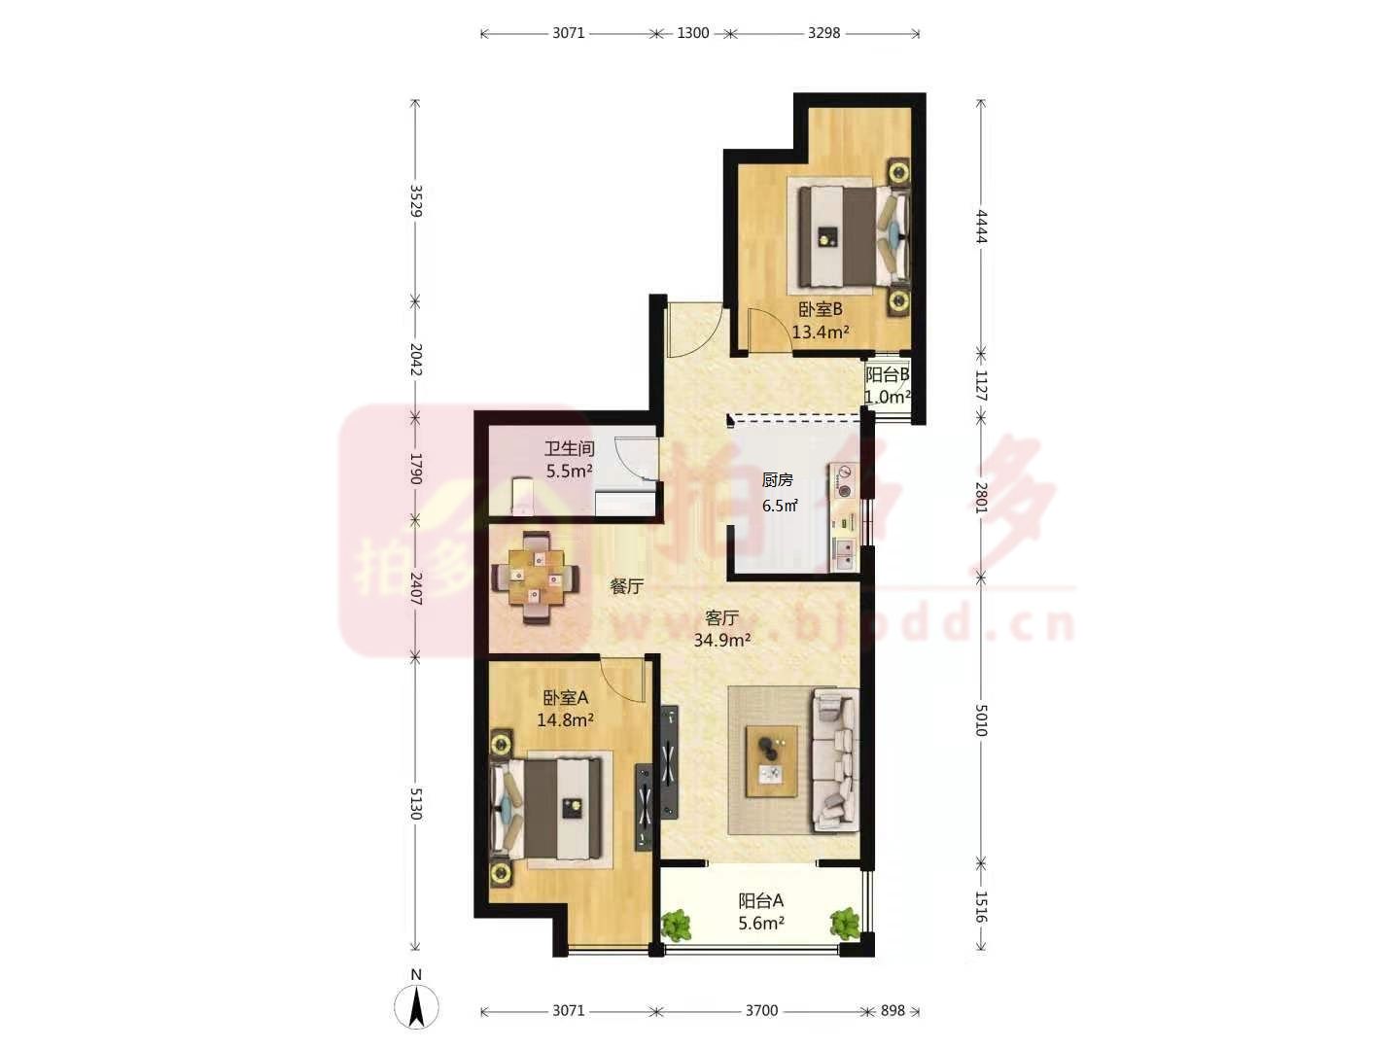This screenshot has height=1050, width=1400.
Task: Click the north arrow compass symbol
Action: click(416, 1007)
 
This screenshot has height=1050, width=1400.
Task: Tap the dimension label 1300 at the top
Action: click(692, 33)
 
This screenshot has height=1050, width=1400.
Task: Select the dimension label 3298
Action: click(824, 33)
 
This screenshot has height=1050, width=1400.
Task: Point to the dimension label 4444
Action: click(982, 227)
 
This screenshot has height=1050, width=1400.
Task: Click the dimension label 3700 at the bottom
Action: click(761, 1010)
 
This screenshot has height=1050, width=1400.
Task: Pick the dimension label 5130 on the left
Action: click(416, 804)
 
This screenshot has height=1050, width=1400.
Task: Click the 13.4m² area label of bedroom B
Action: click(821, 332)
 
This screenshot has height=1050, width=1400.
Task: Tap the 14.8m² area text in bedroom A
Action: click(566, 720)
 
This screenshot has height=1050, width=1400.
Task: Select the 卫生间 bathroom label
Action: click(569, 448)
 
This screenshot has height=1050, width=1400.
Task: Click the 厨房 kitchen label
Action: click(778, 480)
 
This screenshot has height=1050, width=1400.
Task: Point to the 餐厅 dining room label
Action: click(626, 586)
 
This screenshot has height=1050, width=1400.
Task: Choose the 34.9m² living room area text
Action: click(722, 640)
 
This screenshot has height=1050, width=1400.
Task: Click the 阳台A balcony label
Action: click(761, 901)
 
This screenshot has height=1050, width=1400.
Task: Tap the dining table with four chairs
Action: click(536, 577)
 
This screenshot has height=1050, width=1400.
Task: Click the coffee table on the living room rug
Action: click(772, 761)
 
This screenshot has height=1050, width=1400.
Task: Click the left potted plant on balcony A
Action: click(676, 926)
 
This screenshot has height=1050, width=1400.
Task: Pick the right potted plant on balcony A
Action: click(845, 923)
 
